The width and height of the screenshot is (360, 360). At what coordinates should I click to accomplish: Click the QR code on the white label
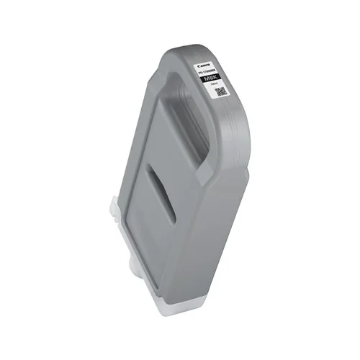click(221, 93)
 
